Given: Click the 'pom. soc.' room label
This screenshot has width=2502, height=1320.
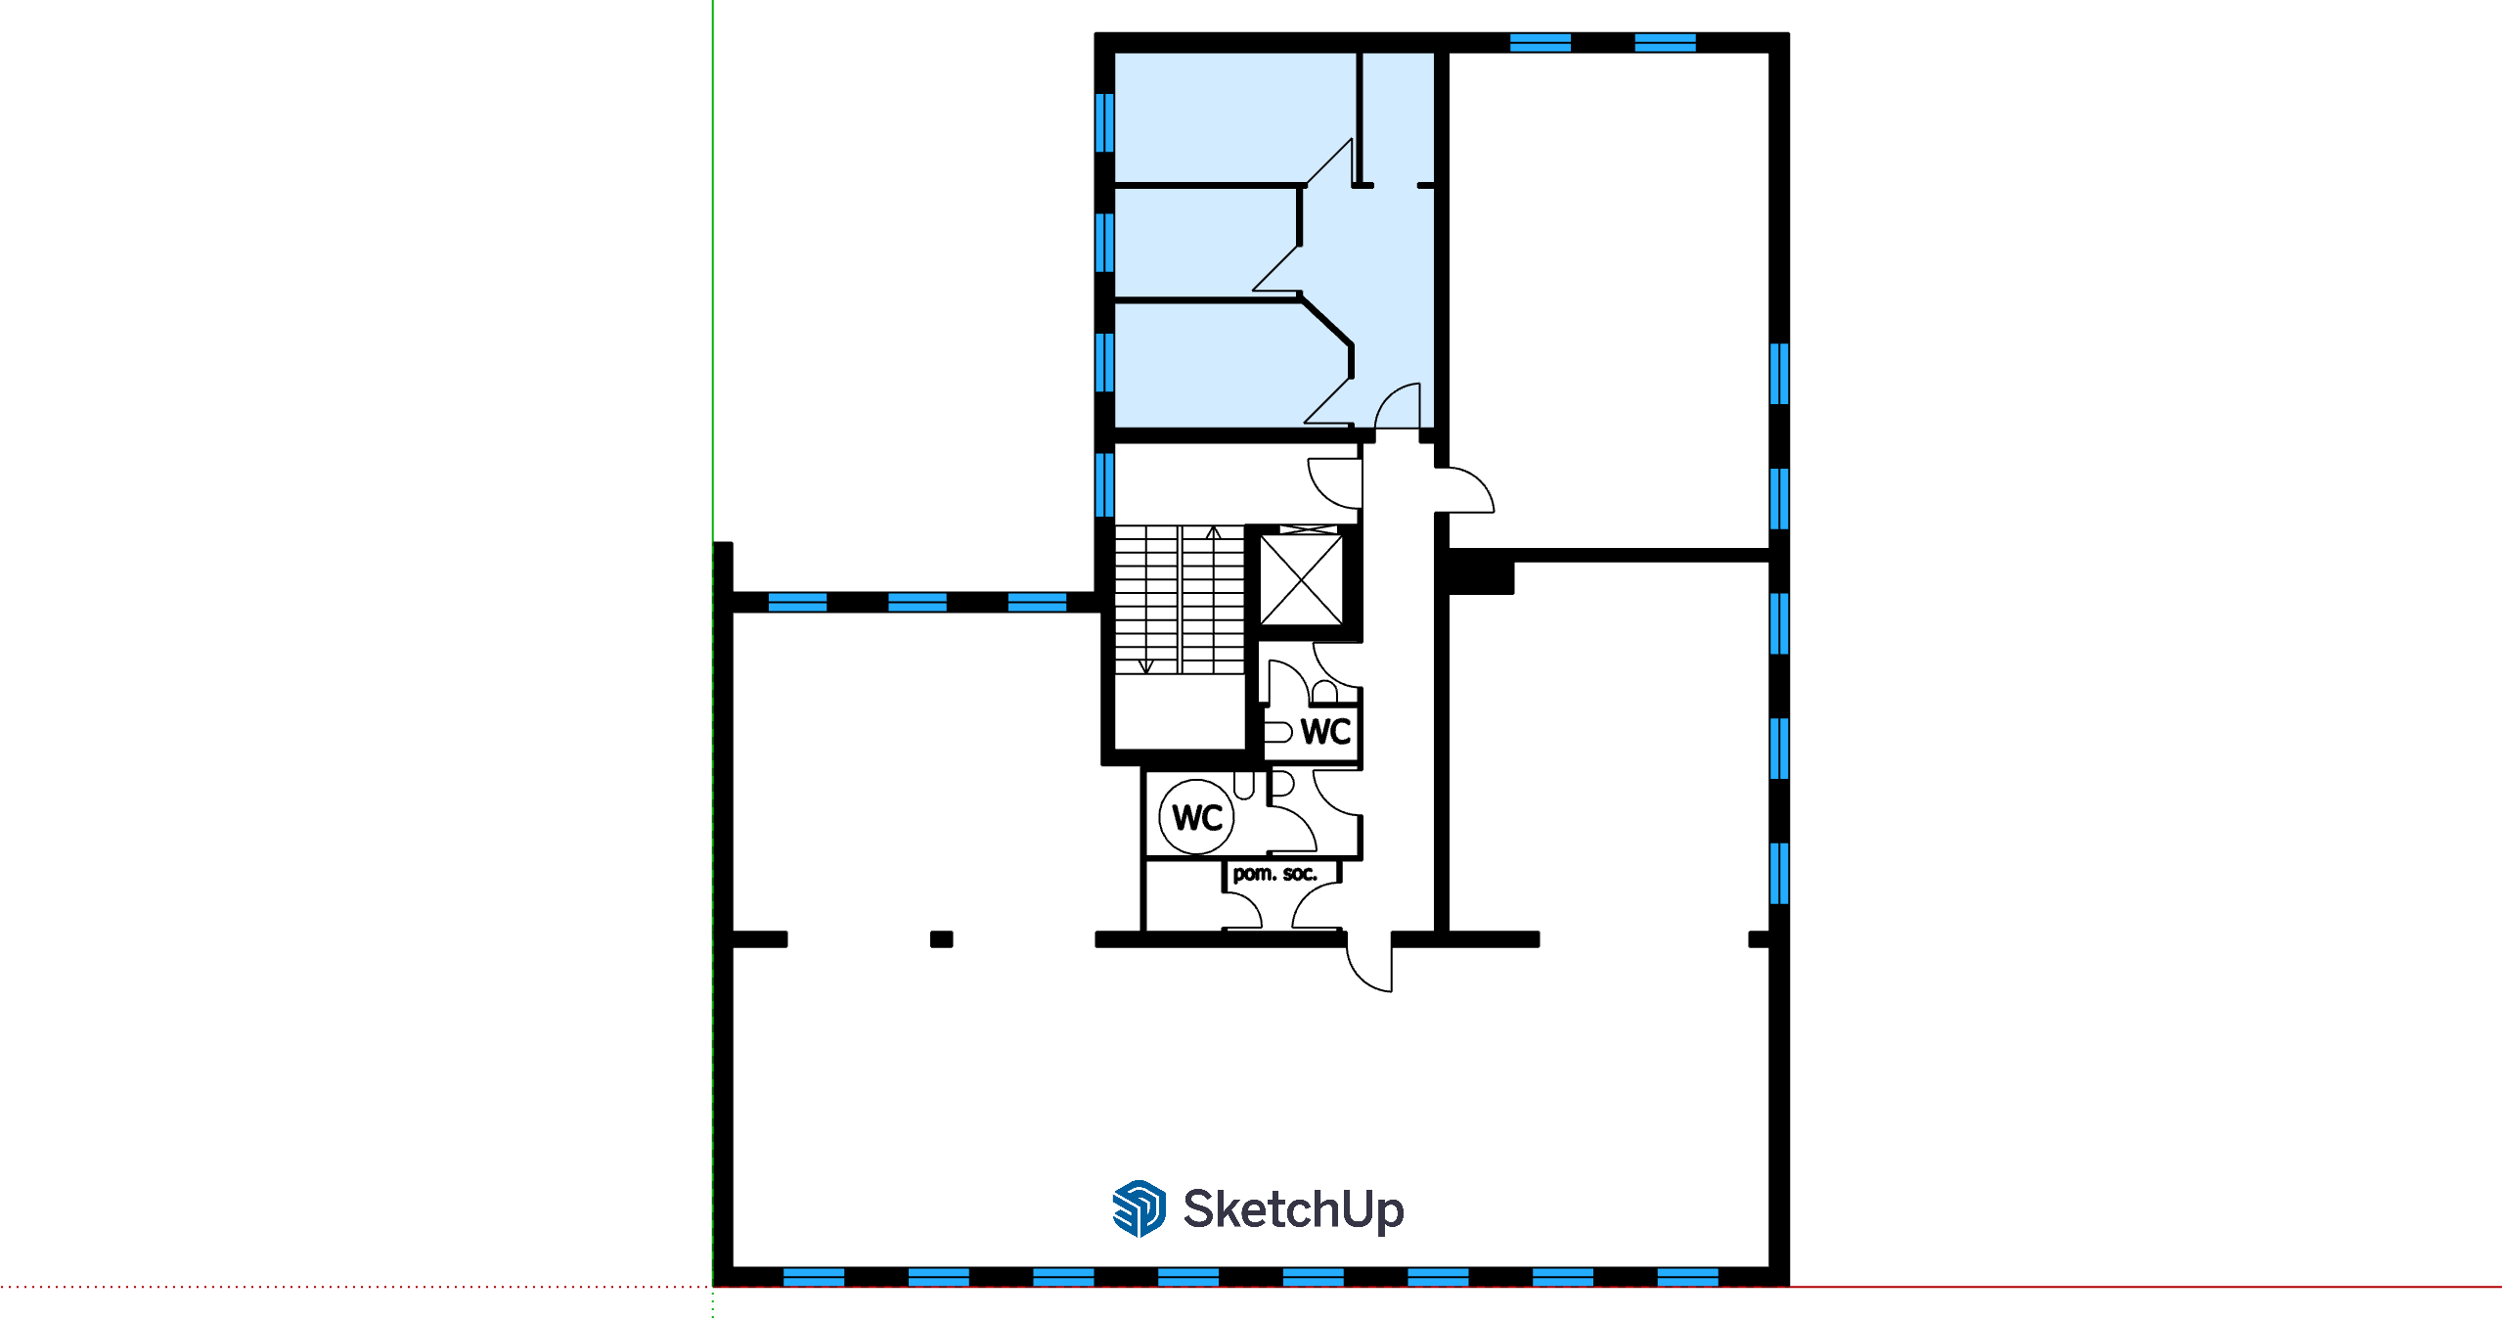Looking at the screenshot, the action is point(1274,873).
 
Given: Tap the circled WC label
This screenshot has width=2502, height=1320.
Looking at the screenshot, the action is point(1197,817).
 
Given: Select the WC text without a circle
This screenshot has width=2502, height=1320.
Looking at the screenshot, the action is point(1325,731).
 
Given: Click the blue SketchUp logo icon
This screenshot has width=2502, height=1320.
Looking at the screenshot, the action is point(1139,1208).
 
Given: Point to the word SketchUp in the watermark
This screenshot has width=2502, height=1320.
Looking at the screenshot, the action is point(1293,1209).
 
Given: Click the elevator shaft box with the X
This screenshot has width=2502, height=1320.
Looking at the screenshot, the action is point(1301,580).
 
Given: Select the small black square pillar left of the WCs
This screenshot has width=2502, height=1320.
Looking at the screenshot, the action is point(941,939).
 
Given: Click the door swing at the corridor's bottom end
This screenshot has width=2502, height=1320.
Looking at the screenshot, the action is point(1369,963).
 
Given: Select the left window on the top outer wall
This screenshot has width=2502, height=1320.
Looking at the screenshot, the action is point(1541,42).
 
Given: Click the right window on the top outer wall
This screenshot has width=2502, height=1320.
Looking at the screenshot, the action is point(1666,42).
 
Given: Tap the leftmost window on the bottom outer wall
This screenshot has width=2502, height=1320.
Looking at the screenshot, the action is point(814,1277).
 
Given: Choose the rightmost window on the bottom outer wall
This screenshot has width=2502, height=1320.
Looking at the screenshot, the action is point(1688,1277).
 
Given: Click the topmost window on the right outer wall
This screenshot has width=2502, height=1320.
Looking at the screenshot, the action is point(1779,374).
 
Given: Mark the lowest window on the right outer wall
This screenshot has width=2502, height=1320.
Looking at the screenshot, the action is point(1779,874).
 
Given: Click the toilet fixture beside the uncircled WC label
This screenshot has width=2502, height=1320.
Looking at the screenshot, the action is point(1278,732).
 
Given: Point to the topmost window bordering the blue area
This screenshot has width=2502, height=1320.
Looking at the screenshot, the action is point(1104,123).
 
